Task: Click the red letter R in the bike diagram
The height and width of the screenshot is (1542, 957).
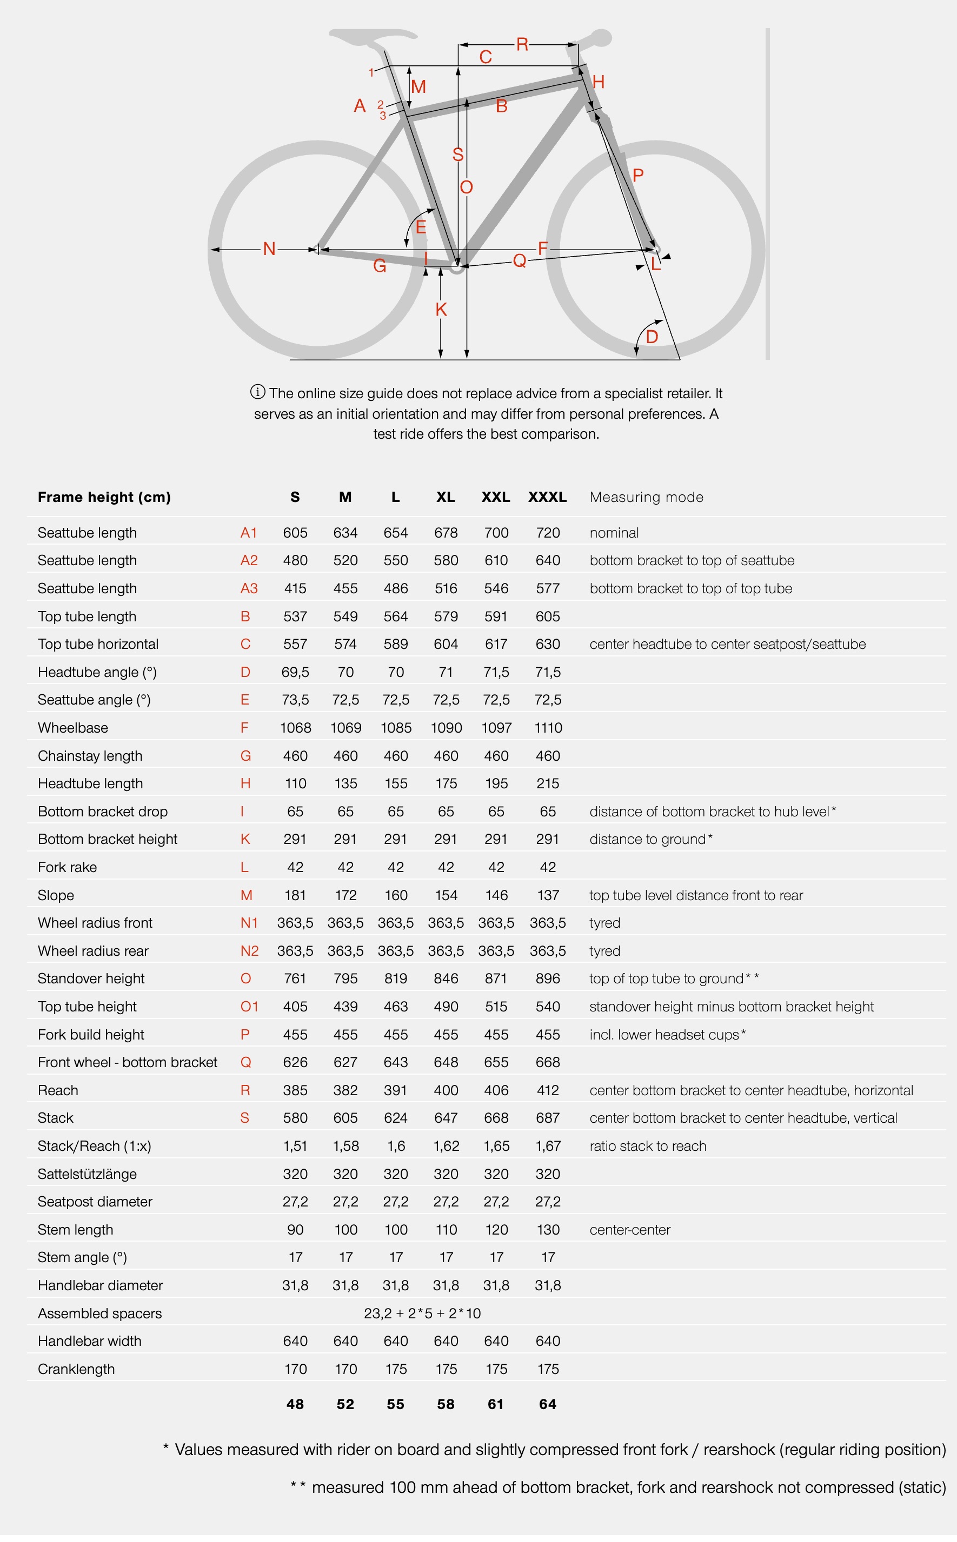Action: tap(522, 44)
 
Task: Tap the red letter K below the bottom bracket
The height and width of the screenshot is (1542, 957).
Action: tap(441, 309)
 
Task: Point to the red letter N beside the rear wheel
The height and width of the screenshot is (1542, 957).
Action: tap(269, 249)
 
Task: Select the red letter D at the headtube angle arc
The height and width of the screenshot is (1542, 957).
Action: tap(652, 337)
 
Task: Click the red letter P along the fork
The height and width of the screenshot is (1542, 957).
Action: tap(638, 175)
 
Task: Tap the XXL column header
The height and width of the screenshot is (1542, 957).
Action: tap(496, 497)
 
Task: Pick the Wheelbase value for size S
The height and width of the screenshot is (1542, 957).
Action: tap(295, 728)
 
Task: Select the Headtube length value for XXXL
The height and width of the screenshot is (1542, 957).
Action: tap(548, 783)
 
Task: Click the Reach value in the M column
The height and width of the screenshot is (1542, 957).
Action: tap(345, 1090)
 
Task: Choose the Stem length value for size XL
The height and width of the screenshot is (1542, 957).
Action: tap(446, 1230)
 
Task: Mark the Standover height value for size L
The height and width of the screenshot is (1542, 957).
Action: tap(396, 978)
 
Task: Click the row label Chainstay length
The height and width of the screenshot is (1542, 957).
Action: tap(90, 756)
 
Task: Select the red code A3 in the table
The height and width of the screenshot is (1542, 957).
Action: tap(249, 588)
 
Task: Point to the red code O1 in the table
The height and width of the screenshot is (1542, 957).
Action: tap(249, 1006)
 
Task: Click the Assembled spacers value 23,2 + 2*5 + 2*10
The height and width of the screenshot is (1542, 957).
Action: tap(422, 1313)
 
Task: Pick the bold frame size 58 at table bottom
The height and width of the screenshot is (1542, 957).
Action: tap(446, 1404)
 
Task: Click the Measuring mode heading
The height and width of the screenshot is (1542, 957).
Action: tap(646, 497)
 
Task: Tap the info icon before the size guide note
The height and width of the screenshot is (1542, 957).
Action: tap(257, 392)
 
